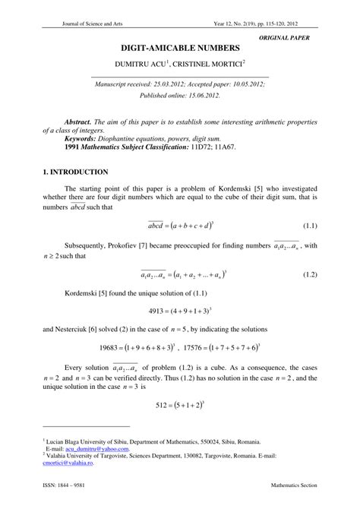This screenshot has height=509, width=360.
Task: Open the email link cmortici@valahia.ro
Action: coord(69,461)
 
